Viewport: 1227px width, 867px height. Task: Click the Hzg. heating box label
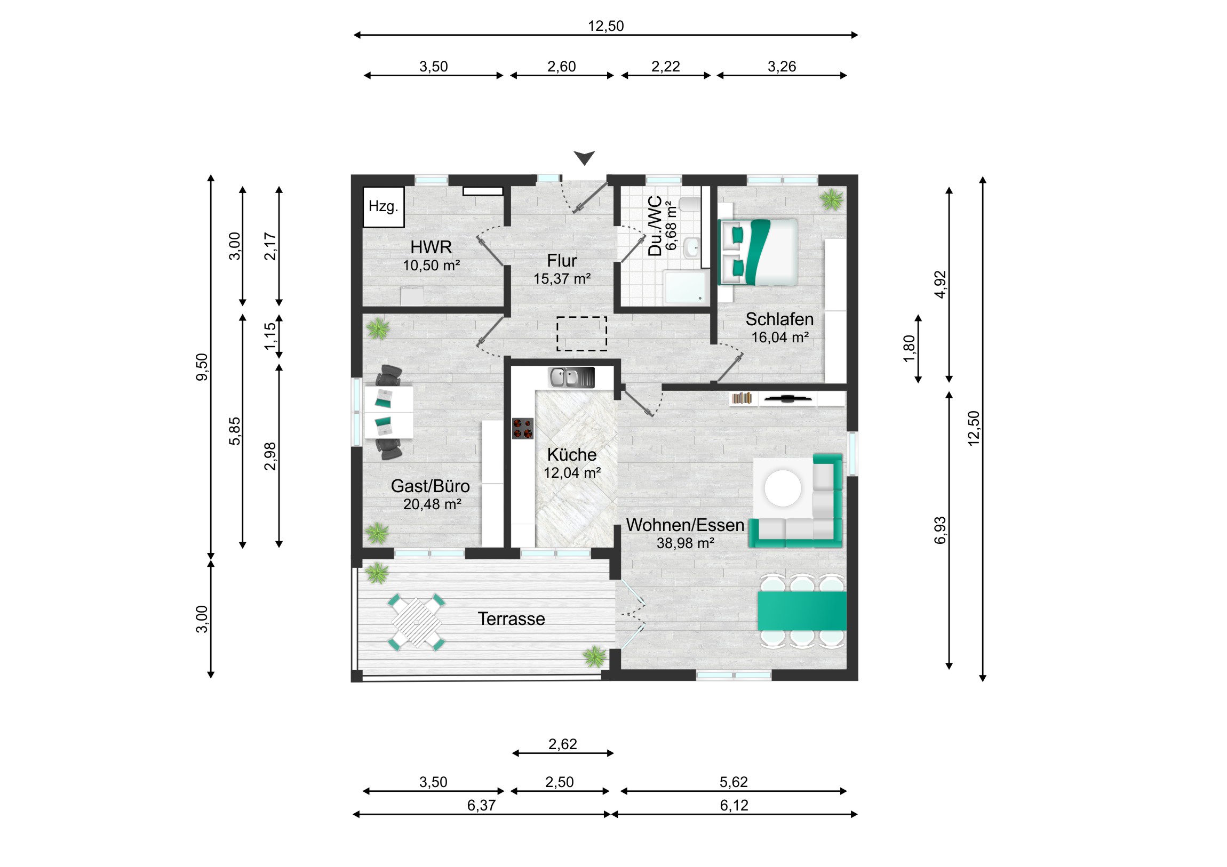coord(383,206)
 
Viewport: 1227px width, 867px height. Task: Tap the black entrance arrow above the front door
coord(584,158)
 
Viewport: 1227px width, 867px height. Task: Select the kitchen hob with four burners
coord(523,428)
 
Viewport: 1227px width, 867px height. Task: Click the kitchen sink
coord(571,377)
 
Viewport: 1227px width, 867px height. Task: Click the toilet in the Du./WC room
coord(690,204)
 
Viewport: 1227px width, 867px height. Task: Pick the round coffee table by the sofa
coord(783,488)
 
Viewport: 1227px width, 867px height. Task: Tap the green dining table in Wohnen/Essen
coord(802,611)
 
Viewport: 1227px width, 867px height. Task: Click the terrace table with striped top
coord(416,622)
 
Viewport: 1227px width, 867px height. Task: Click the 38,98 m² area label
coord(686,543)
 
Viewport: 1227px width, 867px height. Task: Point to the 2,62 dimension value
coord(563,744)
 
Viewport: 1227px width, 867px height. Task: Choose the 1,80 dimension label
coord(909,348)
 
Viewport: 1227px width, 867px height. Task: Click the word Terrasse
coord(512,619)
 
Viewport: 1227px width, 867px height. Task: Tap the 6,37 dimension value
coord(482,805)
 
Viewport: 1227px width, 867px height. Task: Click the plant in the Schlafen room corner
coord(832,200)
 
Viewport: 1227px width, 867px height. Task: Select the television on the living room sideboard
coord(788,398)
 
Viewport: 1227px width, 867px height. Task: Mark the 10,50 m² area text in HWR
coord(431,266)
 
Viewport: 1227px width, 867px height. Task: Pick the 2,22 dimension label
coord(665,67)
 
